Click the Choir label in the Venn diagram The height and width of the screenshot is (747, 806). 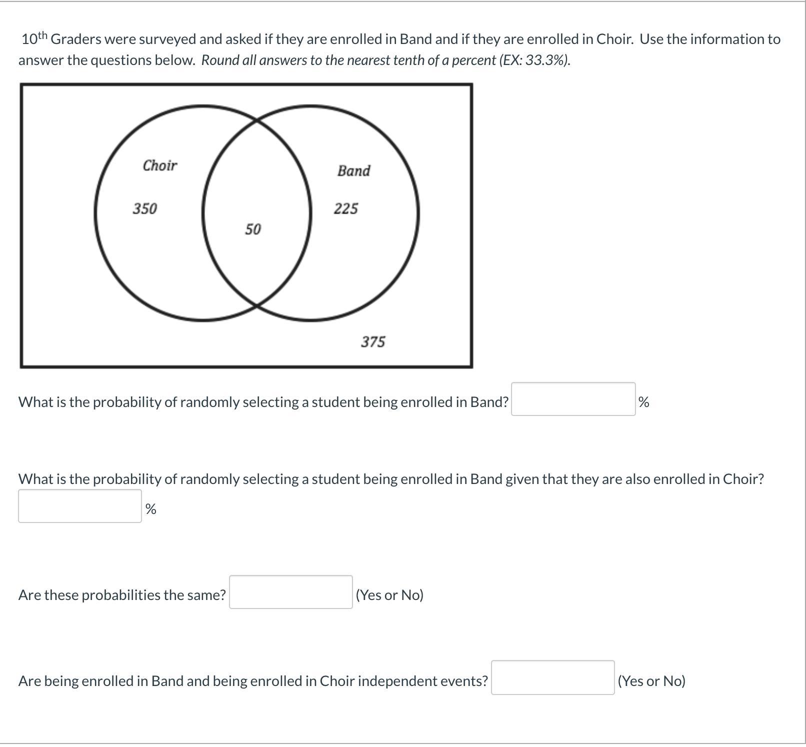(x=159, y=165)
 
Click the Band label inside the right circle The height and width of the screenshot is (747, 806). (x=353, y=170)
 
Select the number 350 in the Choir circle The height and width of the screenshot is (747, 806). (x=144, y=208)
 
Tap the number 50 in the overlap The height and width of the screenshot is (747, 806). (x=252, y=229)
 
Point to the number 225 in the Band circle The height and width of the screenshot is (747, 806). (x=345, y=208)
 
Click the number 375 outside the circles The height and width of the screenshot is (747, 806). (x=373, y=342)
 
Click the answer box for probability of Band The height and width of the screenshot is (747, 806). (x=573, y=399)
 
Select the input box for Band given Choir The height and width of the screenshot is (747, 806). (x=80, y=506)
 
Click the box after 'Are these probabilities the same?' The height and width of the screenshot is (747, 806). (x=290, y=592)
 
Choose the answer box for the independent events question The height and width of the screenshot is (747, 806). (x=552, y=677)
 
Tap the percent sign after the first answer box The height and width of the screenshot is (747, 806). (x=643, y=402)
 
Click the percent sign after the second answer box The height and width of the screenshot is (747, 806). (x=150, y=509)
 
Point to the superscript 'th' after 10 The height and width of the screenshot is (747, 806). (x=42, y=35)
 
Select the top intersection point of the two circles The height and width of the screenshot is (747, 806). (x=256, y=120)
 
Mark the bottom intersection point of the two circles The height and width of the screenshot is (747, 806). (x=256, y=304)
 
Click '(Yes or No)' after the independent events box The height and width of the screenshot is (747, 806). (x=651, y=681)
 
